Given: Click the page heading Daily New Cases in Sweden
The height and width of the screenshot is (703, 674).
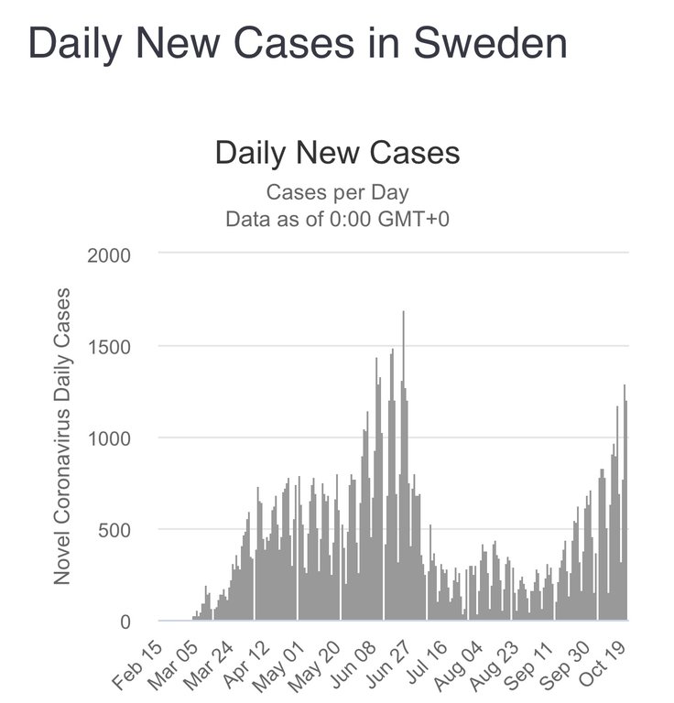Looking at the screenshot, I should [x=298, y=44].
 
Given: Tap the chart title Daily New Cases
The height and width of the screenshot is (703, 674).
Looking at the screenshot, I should [x=337, y=152].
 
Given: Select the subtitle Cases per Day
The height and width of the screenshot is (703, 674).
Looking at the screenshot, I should [x=337, y=193].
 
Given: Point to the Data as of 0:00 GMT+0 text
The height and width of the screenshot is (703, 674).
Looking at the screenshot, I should [x=337, y=220].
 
